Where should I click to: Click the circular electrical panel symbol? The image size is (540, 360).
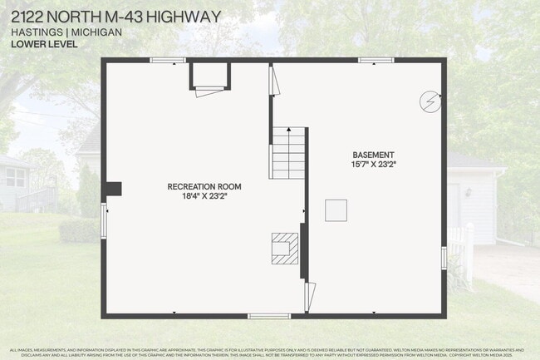click(430, 101)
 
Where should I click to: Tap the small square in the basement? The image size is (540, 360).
click(336, 210)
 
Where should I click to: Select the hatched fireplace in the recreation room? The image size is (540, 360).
click(284, 248)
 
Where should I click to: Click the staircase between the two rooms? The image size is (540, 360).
click(287, 153)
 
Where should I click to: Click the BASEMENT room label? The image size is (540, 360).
click(373, 155)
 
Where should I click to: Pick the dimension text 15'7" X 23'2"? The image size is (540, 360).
click(373, 165)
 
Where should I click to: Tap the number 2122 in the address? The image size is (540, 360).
click(27, 17)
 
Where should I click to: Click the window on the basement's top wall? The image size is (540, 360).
click(376, 60)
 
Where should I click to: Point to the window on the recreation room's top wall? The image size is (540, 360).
click(167, 60)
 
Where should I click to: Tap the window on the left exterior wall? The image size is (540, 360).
click(104, 222)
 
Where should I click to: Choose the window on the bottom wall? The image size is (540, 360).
click(269, 315)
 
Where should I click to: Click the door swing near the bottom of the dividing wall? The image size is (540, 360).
click(311, 295)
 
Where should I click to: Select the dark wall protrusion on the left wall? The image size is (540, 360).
click(112, 189)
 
